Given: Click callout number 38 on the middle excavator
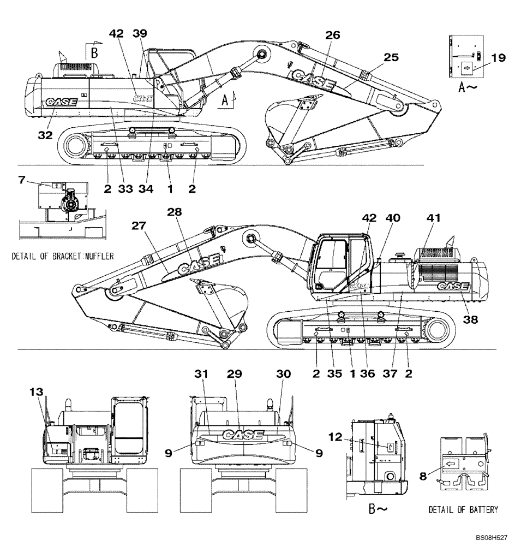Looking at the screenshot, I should point(470,321).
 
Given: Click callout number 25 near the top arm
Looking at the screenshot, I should point(391,57).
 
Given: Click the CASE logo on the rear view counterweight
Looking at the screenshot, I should point(242,435).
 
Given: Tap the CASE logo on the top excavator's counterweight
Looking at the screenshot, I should point(61,102).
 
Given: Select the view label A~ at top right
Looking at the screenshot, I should point(468,87).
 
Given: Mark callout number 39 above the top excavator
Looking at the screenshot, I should point(140,34).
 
